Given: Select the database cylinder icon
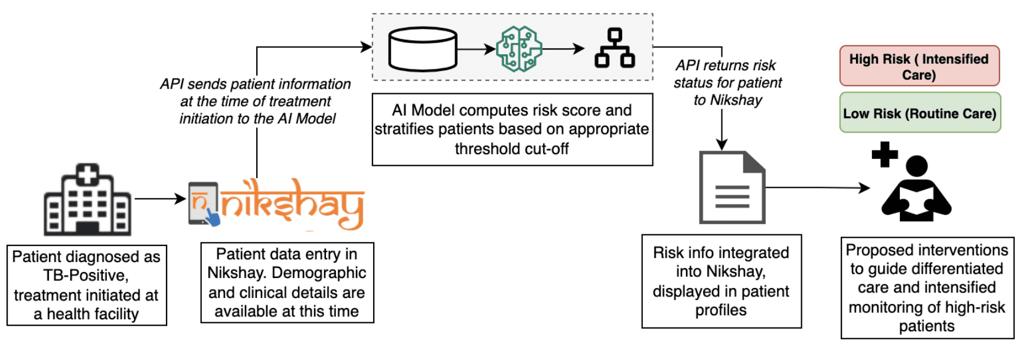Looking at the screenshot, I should tap(423, 49).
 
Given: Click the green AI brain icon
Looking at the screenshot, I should tap(519, 49).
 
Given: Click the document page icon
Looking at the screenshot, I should tap(732, 187).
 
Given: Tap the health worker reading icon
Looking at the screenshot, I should tap(916, 189).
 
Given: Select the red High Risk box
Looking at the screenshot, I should tap(919, 66).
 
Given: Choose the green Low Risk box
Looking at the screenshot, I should tap(920, 113).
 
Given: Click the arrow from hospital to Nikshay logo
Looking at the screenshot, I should tap(160, 199).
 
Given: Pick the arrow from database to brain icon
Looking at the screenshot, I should tap(476, 50).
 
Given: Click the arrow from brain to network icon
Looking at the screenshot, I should tap(563, 50).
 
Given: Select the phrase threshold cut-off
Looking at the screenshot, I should tap(511, 149).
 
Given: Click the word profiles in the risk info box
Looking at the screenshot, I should tap(721, 310).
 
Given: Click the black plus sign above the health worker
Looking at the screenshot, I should tap(884, 155).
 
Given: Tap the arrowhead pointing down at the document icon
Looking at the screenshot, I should tap(721, 145).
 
